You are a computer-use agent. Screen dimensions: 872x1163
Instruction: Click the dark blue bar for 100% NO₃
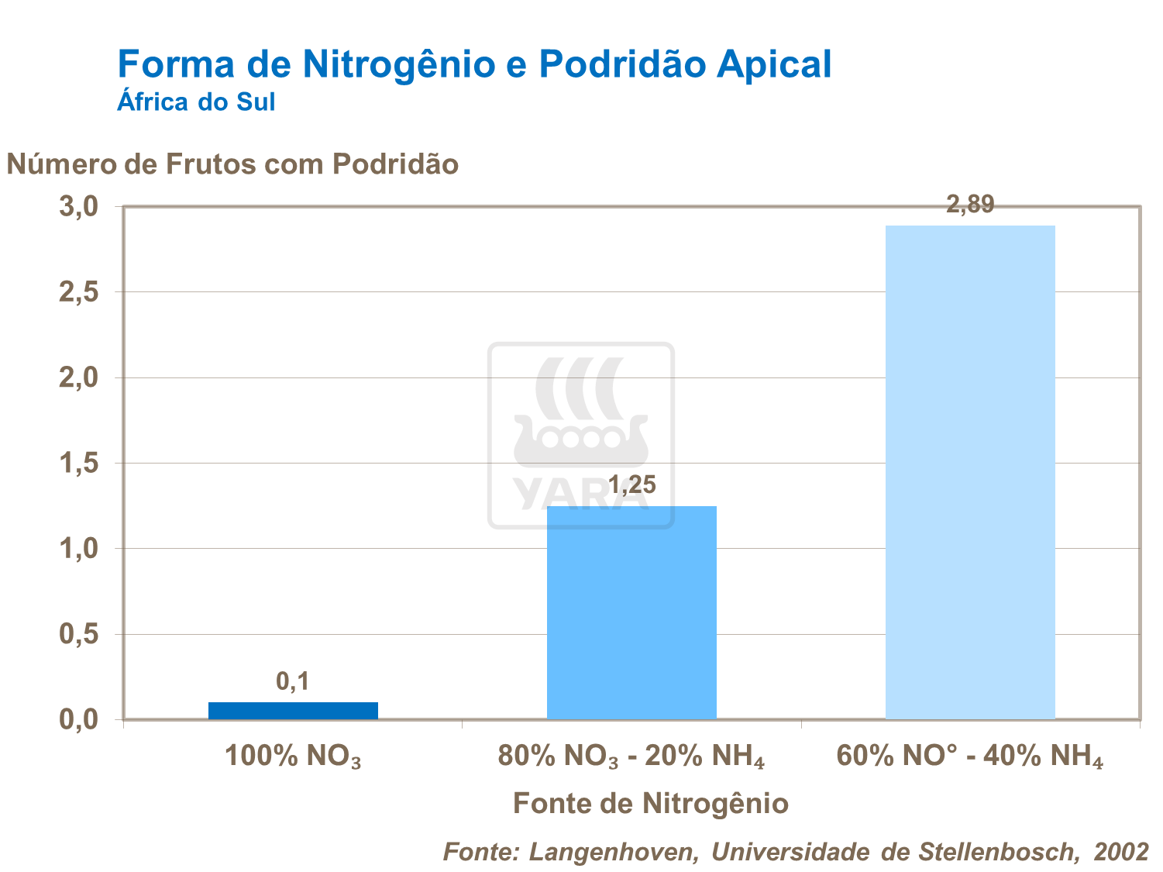293,710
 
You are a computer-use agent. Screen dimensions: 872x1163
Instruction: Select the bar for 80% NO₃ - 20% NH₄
631,612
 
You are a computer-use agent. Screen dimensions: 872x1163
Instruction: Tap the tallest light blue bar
970,472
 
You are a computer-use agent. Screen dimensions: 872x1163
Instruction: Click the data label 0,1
293,681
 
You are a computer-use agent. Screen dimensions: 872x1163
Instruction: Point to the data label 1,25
631,485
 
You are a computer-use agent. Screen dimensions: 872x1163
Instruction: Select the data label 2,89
970,205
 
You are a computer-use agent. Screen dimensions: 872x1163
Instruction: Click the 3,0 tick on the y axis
78,207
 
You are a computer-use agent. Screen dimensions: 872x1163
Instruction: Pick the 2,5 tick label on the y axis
78,292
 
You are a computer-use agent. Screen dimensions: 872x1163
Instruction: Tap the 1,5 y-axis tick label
78,464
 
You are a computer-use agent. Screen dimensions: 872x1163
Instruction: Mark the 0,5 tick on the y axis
78,635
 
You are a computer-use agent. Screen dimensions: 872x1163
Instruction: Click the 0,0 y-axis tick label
78,720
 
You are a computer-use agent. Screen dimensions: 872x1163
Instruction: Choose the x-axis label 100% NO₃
293,756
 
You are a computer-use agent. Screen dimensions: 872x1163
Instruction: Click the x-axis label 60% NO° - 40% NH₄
969,756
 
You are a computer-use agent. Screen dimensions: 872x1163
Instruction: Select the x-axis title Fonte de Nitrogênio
651,804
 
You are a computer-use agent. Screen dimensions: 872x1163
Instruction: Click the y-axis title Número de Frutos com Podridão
232,164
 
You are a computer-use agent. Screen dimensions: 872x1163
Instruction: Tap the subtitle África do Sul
196,102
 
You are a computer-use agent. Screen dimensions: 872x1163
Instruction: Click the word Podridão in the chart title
621,64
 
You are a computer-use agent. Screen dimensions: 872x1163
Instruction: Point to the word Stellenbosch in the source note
998,852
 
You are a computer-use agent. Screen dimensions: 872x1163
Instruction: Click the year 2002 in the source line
1121,852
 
